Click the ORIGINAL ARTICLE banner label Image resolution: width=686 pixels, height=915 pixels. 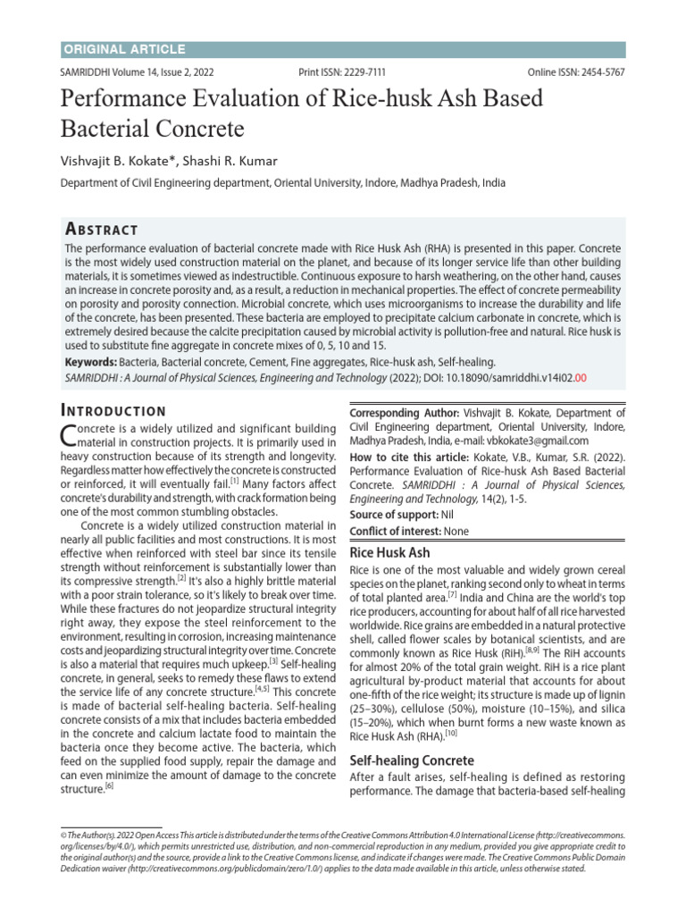[x=124, y=49]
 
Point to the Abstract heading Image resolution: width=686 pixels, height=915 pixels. [x=102, y=229]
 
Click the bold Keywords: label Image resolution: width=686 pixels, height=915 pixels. [x=91, y=363]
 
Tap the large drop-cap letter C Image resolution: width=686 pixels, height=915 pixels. [x=68, y=435]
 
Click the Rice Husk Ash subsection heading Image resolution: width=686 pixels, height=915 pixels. [x=389, y=553]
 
